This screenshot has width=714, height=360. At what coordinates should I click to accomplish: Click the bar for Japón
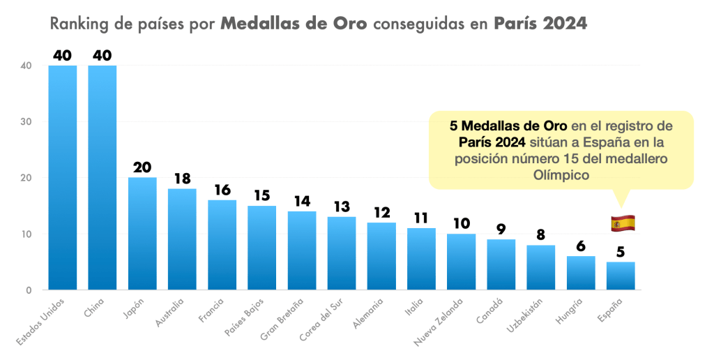click(142, 234)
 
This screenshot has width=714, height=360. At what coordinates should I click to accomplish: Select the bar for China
click(102, 178)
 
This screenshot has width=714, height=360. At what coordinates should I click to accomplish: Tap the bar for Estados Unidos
click(62, 178)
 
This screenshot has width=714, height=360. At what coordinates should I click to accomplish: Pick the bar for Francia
click(222, 245)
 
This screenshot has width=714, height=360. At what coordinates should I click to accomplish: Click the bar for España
click(621, 276)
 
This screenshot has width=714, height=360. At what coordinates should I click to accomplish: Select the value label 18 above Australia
click(182, 179)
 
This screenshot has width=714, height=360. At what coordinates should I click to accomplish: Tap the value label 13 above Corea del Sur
click(342, 207)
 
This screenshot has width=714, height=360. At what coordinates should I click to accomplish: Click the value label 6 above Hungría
click(581, 247)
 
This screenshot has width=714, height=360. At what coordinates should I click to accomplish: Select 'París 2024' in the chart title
click(540, 24)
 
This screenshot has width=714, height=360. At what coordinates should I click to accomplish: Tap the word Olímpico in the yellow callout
click(561, 176)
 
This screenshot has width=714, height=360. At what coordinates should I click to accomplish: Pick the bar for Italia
click(421, 259)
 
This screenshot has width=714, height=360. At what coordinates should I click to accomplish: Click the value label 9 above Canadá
click(501, 230)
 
